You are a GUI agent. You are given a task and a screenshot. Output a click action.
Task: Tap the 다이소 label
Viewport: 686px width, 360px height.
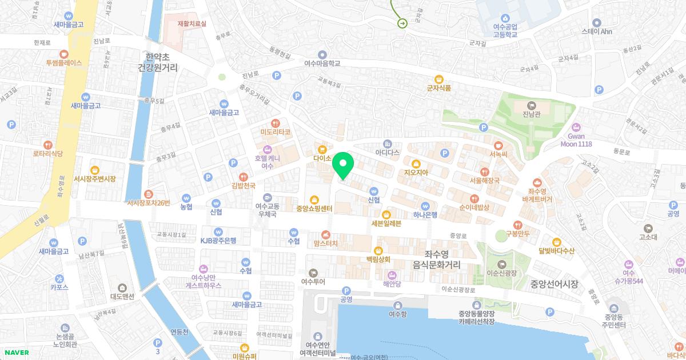tap(322, 158)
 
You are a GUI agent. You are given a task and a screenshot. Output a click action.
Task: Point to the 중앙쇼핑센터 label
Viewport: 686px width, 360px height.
tap(314, 209)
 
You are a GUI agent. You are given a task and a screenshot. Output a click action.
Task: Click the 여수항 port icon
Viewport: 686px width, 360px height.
tap(397, 305)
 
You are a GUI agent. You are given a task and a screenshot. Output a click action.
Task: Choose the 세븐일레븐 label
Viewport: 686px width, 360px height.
tap(386, 223)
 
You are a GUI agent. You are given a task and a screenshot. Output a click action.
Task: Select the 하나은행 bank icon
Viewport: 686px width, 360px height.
tap(425, 206)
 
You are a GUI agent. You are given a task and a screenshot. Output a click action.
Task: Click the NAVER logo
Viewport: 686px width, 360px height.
tap(14, 353)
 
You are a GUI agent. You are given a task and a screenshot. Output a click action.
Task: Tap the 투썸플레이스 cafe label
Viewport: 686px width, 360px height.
tap(65, 62)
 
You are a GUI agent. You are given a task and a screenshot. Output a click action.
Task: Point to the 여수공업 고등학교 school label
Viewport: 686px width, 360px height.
tap(505, 30)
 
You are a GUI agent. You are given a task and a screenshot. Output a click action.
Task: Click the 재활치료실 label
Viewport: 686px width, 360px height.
tap(192, 23)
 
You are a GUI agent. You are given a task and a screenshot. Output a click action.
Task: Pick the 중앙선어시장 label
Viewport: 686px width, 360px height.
tap(555, 284)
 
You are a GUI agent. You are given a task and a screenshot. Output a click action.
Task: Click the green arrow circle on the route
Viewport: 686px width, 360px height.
tap(402, 23)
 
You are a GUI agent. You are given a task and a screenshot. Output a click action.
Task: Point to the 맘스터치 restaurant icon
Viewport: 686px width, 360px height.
tap(326, 234)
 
